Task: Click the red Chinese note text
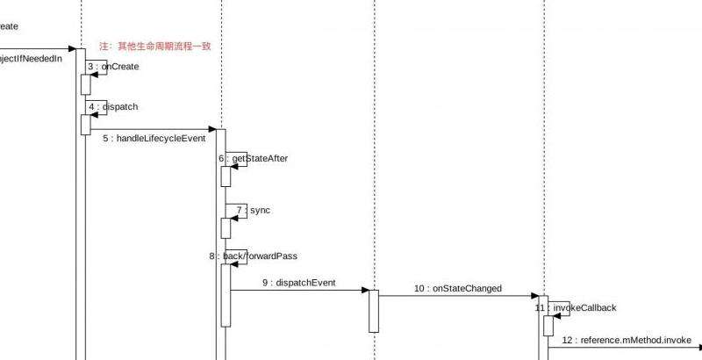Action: pos(155,46)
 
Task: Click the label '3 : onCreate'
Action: pos(112,67)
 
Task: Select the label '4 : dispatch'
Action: pos(112,107)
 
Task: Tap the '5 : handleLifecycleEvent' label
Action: pos(154,139)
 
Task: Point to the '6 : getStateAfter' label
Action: pos(254,159)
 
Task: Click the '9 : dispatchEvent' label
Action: pos(298,283)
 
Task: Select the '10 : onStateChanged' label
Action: pos(457,288)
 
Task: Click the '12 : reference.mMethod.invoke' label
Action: pos(626,340)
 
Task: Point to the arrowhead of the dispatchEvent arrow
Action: pos(363,291)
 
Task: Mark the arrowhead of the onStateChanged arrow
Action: pos(534,296)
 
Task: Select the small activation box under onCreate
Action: pos(86,84)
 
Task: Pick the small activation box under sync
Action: pos(226,227)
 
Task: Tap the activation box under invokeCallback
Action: pos(548,326)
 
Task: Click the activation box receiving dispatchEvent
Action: pos(373,311)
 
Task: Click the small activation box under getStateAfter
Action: pos(226,176)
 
